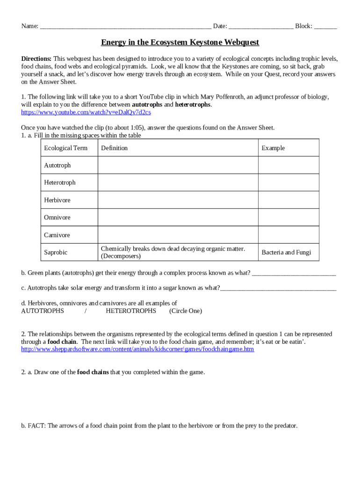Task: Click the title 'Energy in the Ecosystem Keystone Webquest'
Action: (180, 43)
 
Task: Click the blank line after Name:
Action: (125, 27)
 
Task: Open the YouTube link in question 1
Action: (86, 112)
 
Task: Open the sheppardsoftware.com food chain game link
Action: (137, 349)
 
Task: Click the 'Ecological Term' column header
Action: (65, 148)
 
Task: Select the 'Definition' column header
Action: (114, 148)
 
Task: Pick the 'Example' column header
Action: (273, 148)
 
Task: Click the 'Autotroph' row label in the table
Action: (58, 165)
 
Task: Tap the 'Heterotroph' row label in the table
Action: (60, 182)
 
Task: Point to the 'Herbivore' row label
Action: (58, 200)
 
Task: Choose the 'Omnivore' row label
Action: (58, 218)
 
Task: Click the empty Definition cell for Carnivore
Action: (178, 235)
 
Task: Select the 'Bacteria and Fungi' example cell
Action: (286, 252)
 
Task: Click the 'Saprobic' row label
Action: (56, 252)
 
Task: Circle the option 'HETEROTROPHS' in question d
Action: (131, 311)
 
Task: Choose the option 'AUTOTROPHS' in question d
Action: (43, 311)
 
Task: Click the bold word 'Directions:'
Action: (36, 59)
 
